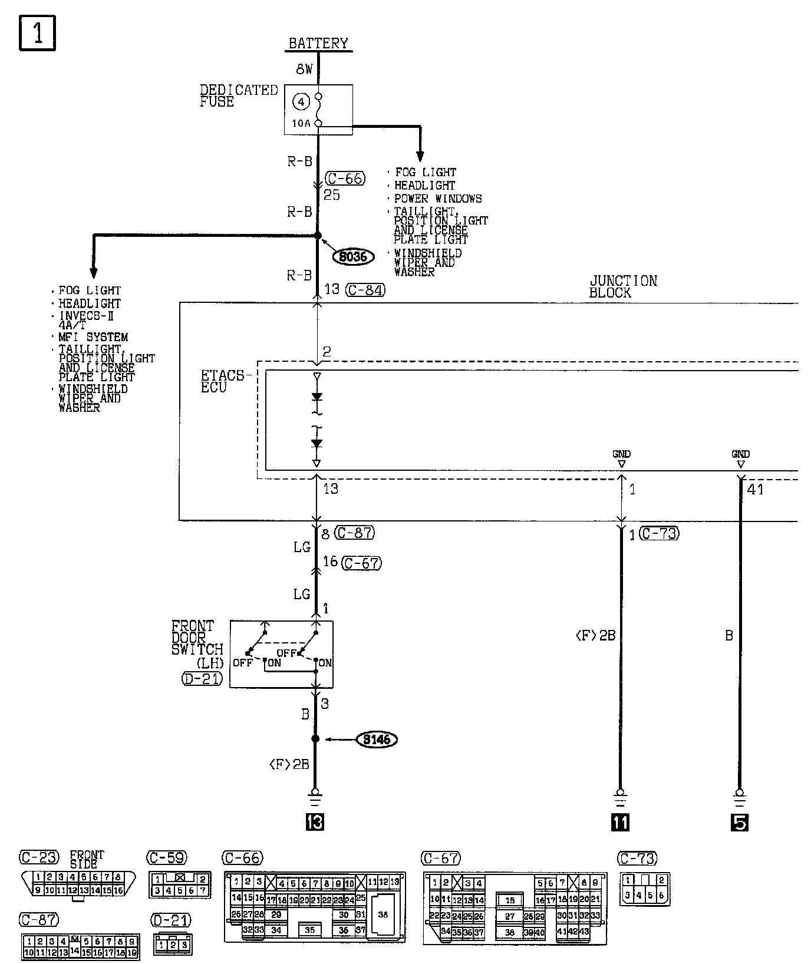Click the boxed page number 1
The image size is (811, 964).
(x=37, y=33)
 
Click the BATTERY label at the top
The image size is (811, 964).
(x=318, y=44)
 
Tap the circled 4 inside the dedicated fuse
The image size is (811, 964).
(x=301, y=102)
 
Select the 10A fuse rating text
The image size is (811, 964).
(x=301, y=124)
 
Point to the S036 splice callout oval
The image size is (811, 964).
(x=352, y=256)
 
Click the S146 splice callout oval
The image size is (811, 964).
(x=377, y=739)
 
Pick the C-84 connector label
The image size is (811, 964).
(x=365, y=289)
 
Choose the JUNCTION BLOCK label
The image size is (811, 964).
(x=622, y=287)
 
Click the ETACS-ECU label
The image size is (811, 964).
(x=223, y=381)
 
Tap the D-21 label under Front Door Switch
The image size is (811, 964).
(x=202, y=678)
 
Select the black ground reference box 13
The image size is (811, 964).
(x=315, y=821)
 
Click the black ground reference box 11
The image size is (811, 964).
(x=620, y=821)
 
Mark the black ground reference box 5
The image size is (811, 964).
(x=740, y=821)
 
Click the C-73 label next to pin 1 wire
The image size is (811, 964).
(x=659, y=534)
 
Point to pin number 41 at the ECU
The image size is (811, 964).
(x=755, y=489)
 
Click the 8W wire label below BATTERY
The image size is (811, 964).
(x=304, y=70)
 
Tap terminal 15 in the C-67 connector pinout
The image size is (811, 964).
(x=510, y=900)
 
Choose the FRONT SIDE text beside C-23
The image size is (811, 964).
(x=87, y=859)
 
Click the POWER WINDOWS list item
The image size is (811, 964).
(x=438, y=199)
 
